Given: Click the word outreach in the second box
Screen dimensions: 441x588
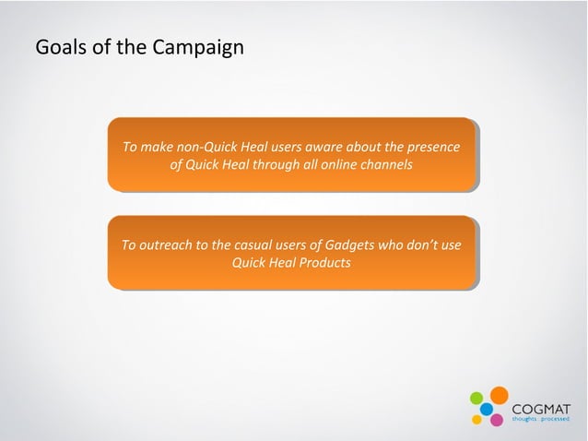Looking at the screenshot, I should click(172, 244).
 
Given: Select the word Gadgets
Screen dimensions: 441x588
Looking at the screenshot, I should click(349, 244).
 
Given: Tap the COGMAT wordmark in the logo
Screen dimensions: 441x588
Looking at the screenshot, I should click(541, 408).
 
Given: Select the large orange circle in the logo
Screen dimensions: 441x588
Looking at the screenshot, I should click(499, 395).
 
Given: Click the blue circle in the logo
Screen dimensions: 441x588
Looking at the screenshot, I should click(486, 409).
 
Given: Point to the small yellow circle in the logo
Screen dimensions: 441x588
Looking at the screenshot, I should click(477, 420).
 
